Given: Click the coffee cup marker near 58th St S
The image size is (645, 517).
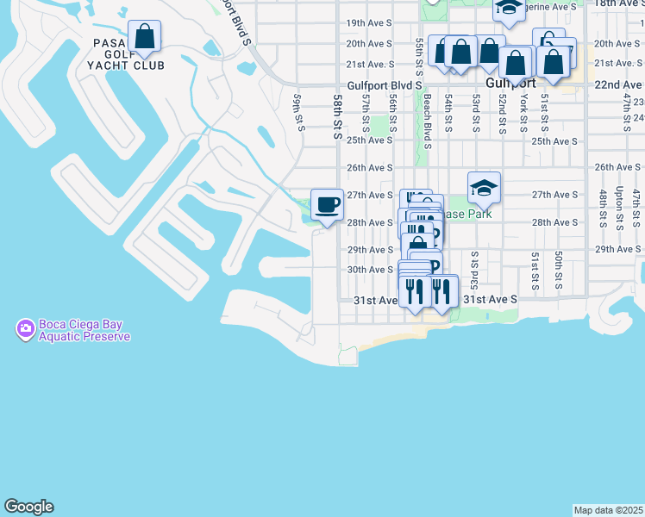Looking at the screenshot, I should pyautogui.click(x=327, y=205).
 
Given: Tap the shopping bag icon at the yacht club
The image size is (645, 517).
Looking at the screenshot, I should pyautogui.click(x=145, y=36).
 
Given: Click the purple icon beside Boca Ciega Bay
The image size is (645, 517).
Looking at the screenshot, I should pyautogui.click(x=25, y=329).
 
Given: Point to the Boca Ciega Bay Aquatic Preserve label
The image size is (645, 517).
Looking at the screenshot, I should pyautogui.click(x=84, y=331).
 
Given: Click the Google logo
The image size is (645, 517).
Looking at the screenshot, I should pyautogui.click(x=28, y=507).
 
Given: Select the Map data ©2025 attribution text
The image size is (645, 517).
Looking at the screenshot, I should pyautogui.click(x=609, y=510).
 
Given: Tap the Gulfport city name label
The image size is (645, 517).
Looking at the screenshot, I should pyautogui.click(x=510, y=84).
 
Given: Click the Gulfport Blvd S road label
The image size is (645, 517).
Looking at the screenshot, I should pyautogui.click(x=385, y=85).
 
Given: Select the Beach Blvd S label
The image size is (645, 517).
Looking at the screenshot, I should pyautogui.click(x=427, y=116).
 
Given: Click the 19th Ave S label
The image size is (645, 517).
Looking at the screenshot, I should pyautogui.click(x=369, y=22).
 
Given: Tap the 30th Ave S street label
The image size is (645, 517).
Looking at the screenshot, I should pyautogui.click(x=370, y=270).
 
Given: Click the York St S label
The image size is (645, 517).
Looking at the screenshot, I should pyautogui.click(x=523, y=112).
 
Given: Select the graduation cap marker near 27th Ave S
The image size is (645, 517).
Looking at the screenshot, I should pyautogui.click(x=485, y=187).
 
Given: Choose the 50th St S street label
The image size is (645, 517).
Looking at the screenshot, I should pyautogui.click(x=559, y=270).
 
